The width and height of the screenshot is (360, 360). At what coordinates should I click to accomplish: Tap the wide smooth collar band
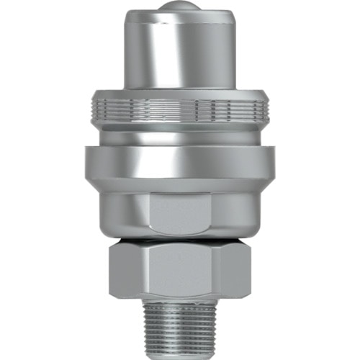tap(180, 161)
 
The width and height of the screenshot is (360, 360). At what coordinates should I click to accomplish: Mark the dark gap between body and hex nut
tap(180, 238)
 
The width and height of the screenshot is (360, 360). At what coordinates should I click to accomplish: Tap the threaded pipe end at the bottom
tap(180, 324)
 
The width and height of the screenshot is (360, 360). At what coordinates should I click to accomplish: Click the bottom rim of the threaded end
tap(180, 353)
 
